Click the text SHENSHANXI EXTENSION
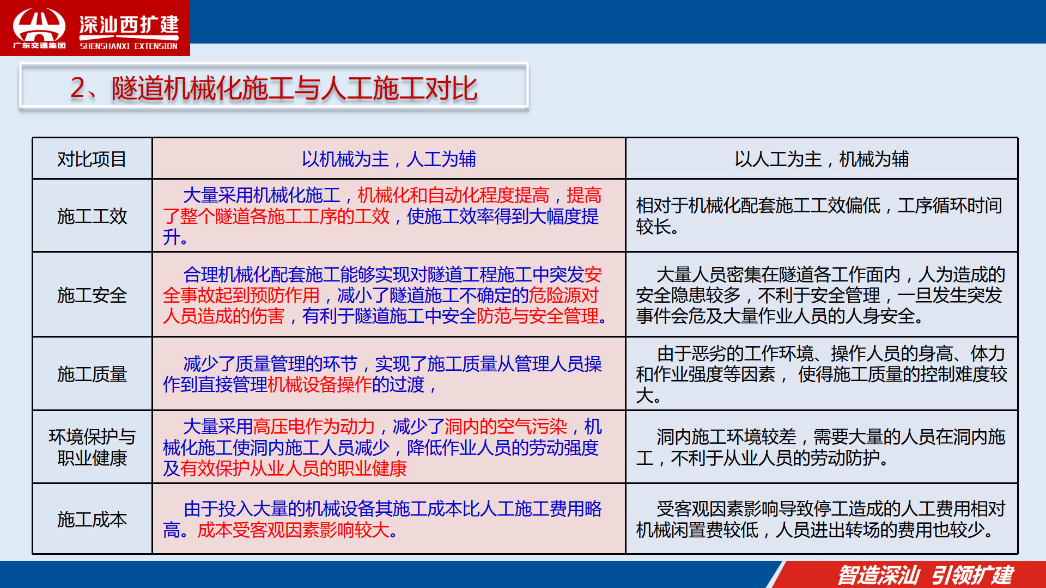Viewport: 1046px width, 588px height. (129, 46)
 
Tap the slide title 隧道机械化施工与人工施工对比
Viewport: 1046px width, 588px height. (295, 88)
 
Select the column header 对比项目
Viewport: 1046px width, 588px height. (92, 159)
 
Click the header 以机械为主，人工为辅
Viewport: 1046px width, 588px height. (389, 159)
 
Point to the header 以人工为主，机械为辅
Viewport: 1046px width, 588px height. (822, 159)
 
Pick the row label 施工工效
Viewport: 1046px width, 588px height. (92, 216)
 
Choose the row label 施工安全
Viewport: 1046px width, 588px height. (92, 295)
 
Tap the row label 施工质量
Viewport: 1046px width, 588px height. (92, 374)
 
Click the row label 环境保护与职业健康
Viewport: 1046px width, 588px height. (92, 447)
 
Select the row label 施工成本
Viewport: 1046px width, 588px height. (92, 519)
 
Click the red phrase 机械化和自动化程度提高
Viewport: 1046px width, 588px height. (453, 195)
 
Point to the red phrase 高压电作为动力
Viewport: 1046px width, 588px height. (314, 426)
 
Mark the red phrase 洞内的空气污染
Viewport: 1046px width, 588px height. (506, 426)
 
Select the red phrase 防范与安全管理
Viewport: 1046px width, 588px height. (537, 316)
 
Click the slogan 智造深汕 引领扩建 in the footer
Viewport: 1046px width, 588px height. (926, 575)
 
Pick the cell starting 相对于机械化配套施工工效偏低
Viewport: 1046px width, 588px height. (819, 216)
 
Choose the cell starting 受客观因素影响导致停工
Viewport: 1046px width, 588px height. (820, 519)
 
